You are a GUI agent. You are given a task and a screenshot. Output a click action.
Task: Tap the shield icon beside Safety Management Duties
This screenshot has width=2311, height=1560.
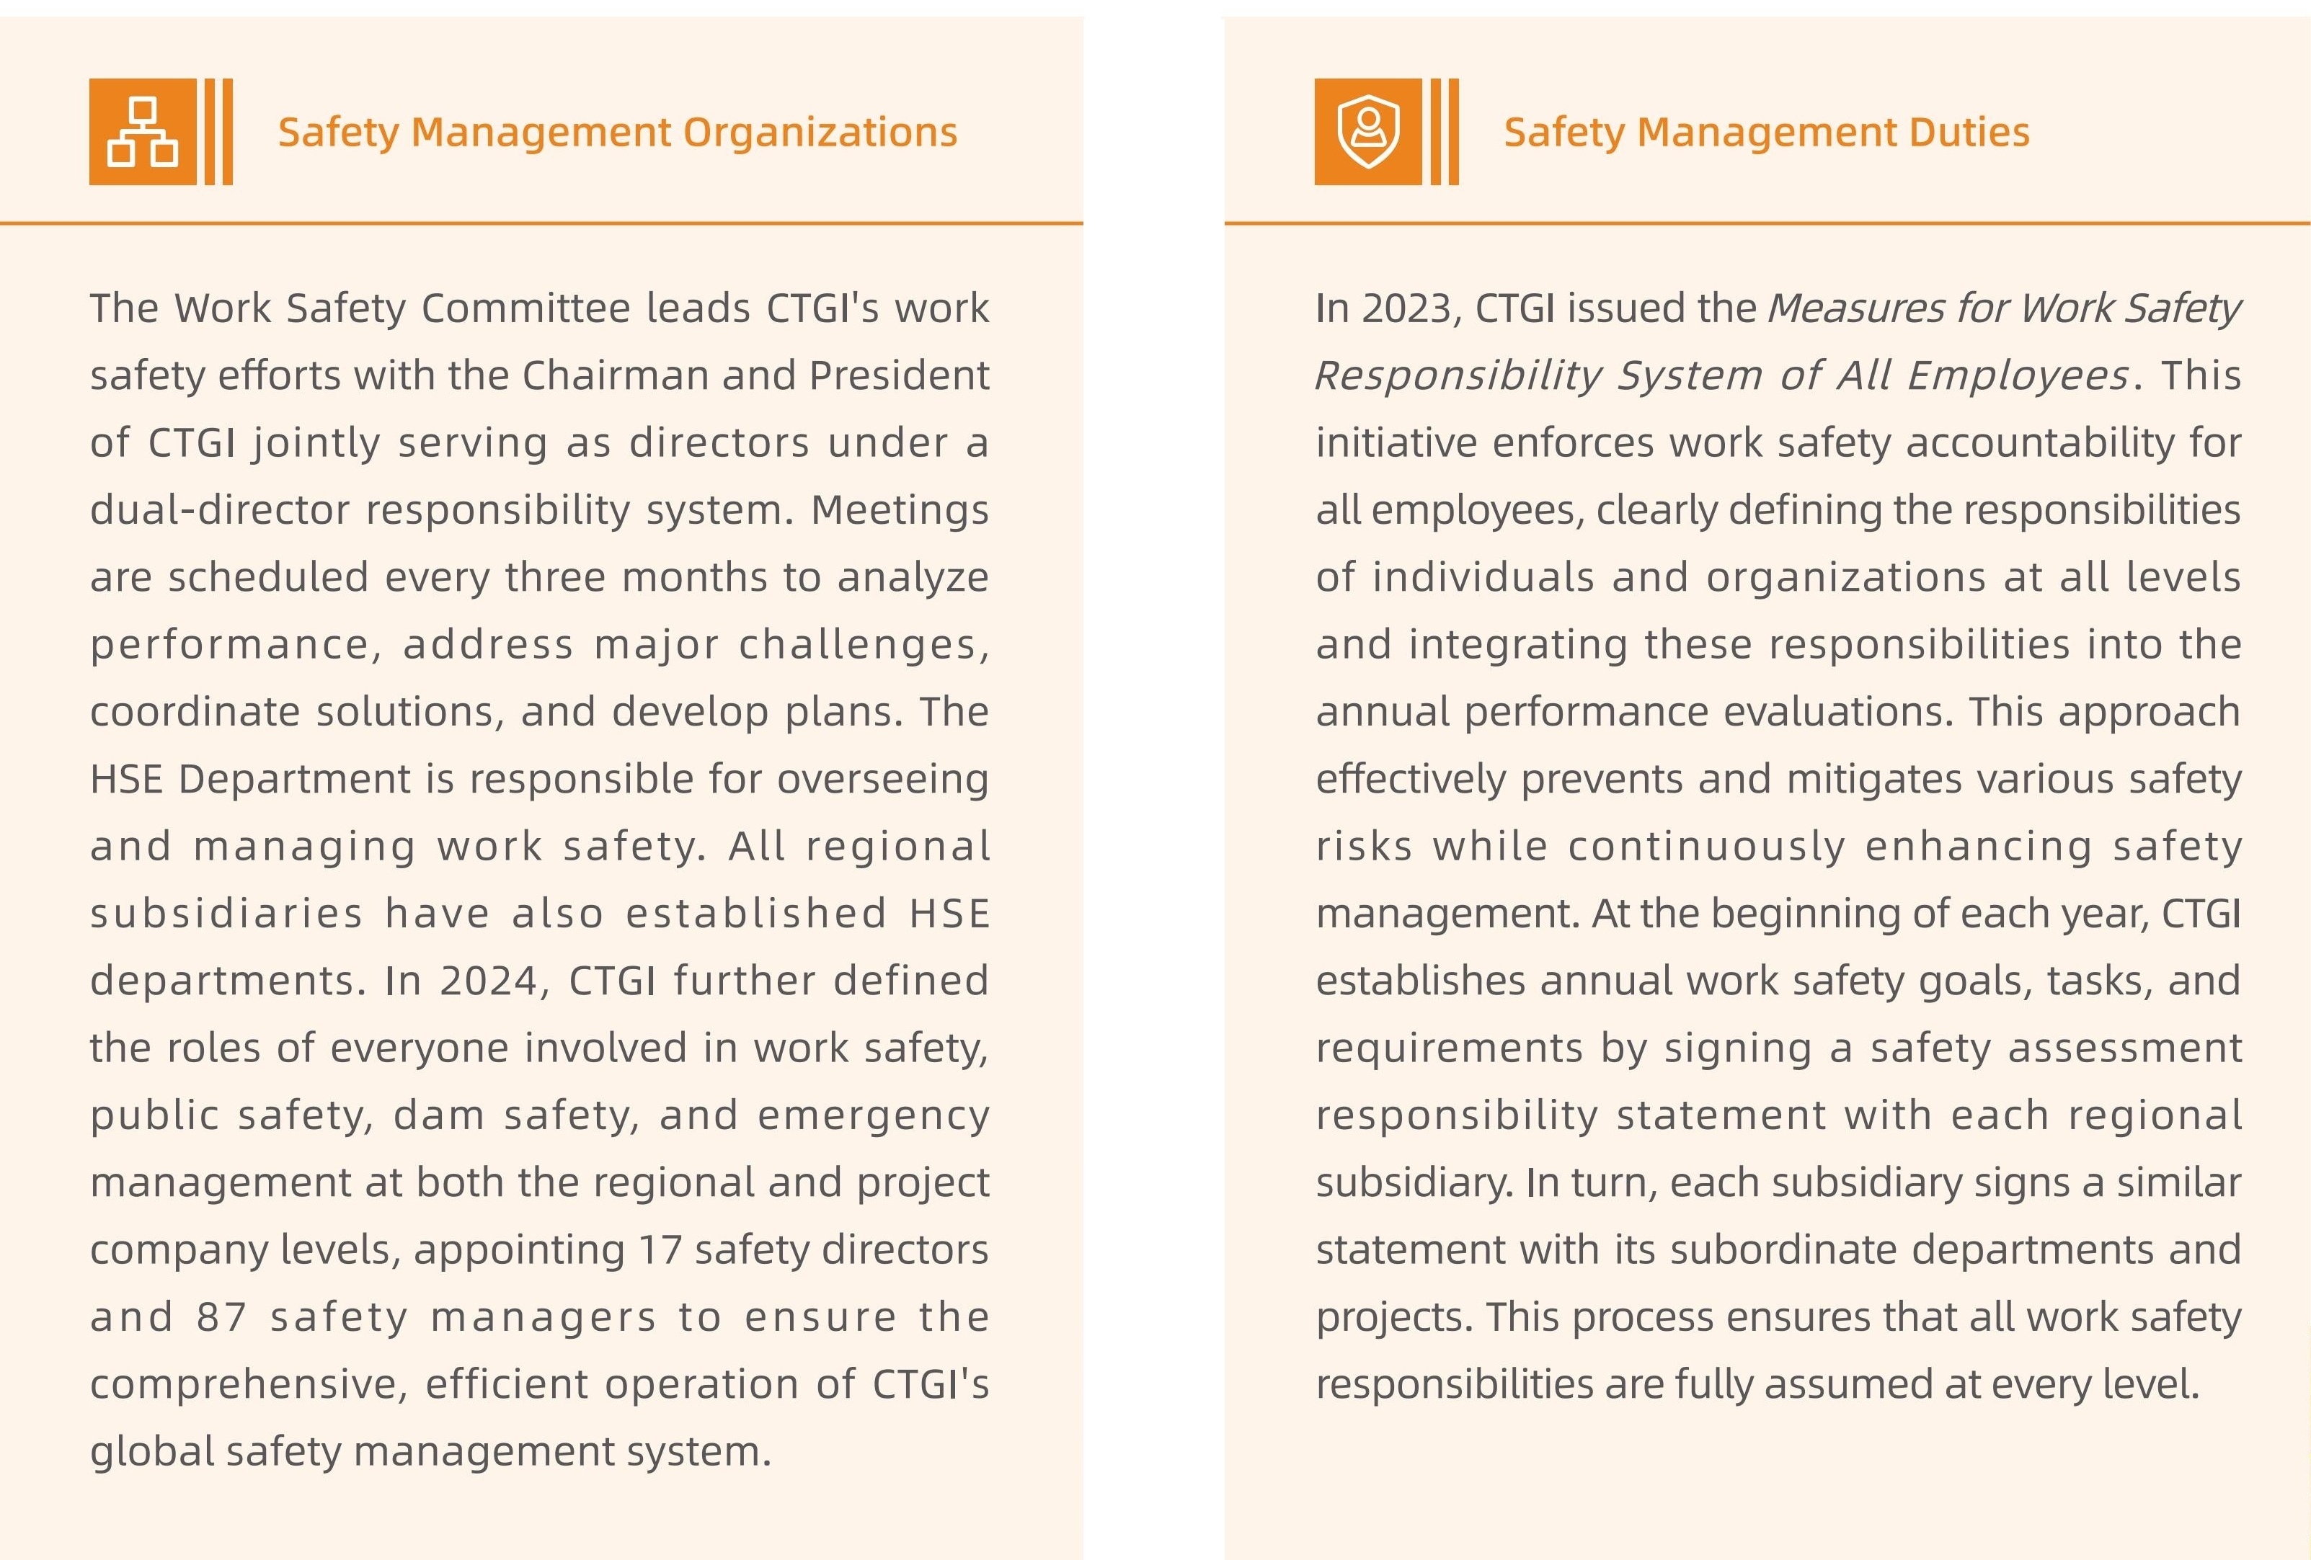[x=1368, y=133]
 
